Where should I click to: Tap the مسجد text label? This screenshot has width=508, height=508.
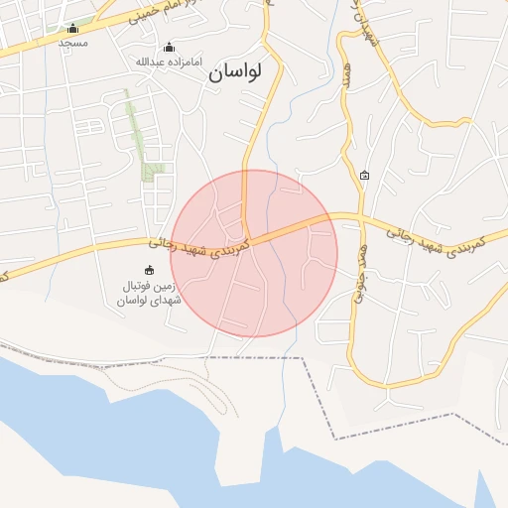click(72, 43)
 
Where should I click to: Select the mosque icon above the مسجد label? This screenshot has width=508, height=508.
click(72, 28)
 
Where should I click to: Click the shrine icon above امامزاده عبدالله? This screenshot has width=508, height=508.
click(169, 47)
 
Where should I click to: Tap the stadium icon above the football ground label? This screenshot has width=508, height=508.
click(150, 270)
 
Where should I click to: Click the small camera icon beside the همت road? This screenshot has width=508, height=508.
click(364, 176)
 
